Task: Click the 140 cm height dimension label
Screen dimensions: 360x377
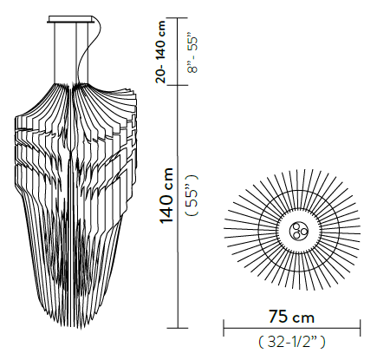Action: (166, 197)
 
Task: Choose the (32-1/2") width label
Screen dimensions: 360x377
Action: (292, 340)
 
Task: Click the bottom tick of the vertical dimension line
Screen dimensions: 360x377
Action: (179, 328)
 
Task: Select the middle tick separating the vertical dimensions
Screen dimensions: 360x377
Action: (179, 86)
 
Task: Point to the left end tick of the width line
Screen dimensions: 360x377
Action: (224, 328)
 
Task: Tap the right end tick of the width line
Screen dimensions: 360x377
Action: (360, 328)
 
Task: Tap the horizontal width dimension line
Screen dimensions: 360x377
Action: (292, 328)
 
